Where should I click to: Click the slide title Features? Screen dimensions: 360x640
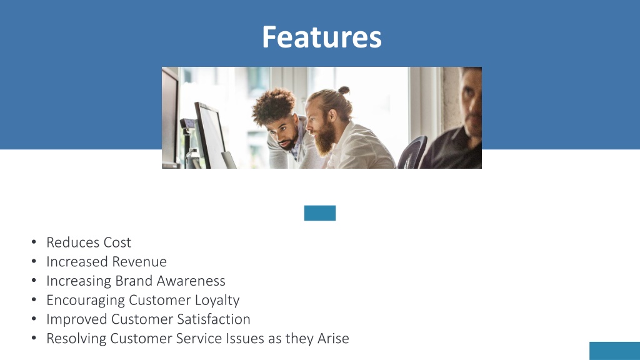321,37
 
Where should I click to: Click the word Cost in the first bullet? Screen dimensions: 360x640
117,242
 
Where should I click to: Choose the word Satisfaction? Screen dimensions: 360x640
215,319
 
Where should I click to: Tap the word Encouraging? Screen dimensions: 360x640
86,301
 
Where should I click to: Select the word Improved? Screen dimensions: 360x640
77,319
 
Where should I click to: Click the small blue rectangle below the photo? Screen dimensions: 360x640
320,213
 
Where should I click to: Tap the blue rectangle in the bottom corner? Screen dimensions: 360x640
614,351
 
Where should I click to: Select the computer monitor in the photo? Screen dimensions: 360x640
211,134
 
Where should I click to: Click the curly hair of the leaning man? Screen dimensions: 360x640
274,103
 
